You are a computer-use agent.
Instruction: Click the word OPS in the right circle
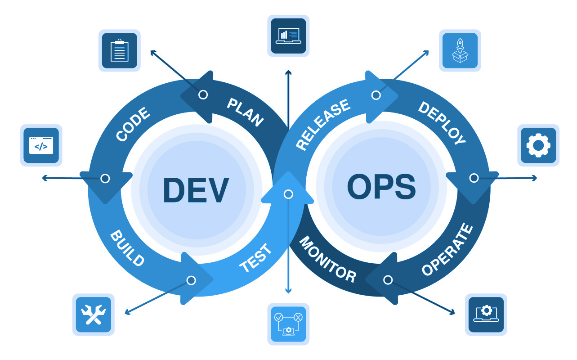click(x=381, y=187)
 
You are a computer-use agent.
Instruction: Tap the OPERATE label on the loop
click(x=447, y=249)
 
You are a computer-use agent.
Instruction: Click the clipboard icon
click(x=119, y=50)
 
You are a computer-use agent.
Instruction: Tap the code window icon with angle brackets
click(x=41, y=145)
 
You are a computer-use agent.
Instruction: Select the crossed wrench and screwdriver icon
click(x=94, y=315)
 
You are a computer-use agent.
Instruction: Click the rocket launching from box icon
click(x=460, y=50)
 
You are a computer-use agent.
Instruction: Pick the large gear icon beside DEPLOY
click(x=538, y=145)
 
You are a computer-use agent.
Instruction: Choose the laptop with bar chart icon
click(x=288, y=36)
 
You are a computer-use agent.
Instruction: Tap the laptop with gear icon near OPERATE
click(x=486, y=314)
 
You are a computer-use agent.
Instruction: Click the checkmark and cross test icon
click(x=288, y=324)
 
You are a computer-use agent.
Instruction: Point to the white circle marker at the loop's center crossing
click(x=288, y=194)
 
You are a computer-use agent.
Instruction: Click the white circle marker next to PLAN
click(x=203, y=94)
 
